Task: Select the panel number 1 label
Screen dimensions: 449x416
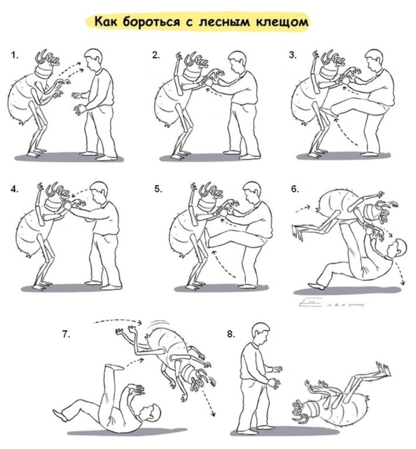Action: (x=14, y=55)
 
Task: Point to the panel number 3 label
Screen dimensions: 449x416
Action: (x=293, y=55)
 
